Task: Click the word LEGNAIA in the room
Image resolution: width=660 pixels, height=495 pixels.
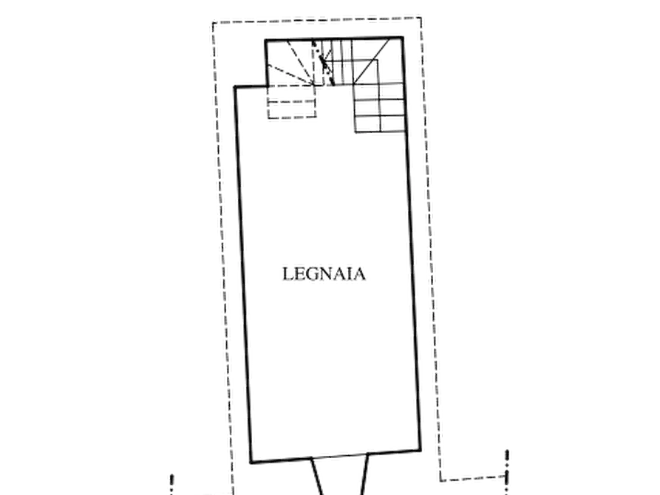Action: click(x=324, y=274)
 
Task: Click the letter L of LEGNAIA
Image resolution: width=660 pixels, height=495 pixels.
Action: click(x=288, y=274)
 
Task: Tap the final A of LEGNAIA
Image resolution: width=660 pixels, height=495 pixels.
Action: click(x=359, y=274)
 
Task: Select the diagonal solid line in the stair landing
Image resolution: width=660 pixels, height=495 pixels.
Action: click(x=371, y=61)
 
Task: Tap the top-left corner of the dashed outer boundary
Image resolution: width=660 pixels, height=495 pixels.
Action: click(x=213, y=23)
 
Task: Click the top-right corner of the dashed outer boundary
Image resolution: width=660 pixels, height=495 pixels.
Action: click(x=421, y=18)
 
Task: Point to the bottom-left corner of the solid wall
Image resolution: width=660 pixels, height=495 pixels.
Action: click(x=251, y=462)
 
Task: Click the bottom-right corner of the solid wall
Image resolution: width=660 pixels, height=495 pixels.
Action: click(x=420, y=449)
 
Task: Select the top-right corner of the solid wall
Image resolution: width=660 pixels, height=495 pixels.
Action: click(x=403, y=38)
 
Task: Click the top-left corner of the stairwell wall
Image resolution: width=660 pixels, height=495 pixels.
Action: click(x=265, y=41)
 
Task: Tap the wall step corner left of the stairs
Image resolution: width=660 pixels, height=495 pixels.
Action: click(x=235, y=87)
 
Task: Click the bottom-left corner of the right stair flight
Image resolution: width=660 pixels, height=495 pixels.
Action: click(x=355, y=132)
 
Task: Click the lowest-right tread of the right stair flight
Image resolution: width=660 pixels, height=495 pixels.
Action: click(x=393, y=124)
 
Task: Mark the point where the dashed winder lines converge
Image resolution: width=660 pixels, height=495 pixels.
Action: click(x=313, y=84)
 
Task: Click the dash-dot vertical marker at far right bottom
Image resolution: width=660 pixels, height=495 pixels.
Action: click(x=507, y=471)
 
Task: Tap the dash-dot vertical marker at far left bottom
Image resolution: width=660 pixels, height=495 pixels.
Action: click(x=171, y=485)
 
